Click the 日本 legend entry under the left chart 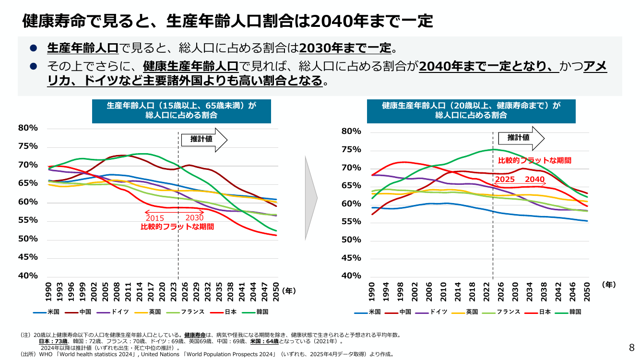click(x=223, y=312)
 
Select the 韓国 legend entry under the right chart click(x=568, y=312)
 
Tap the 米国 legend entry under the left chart click(x=46, y=312)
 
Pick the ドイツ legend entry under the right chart click(x=431, y=312)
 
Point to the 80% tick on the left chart click(x=28, y=128)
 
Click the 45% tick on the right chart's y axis click(x=351, y=258)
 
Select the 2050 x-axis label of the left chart click(x=276, y=292)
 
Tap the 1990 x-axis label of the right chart click(x=371, y=292)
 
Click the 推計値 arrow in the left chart click(x=204, y=140)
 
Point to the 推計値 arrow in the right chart click(x=521, y=138)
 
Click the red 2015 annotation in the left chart click(x=155, y=218)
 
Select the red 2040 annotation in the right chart click(x=534, y=180)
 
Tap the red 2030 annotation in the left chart click(x=195, y=217)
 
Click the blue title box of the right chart click(x=471, y=111)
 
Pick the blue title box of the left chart click(x=181, y=111)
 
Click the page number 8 click(x=631, y=348)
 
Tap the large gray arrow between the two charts click(x=311, y=198)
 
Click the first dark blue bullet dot click(x=34, y=48)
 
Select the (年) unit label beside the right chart click(x=609, y=285)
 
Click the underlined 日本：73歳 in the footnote click(x=53, y=341)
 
